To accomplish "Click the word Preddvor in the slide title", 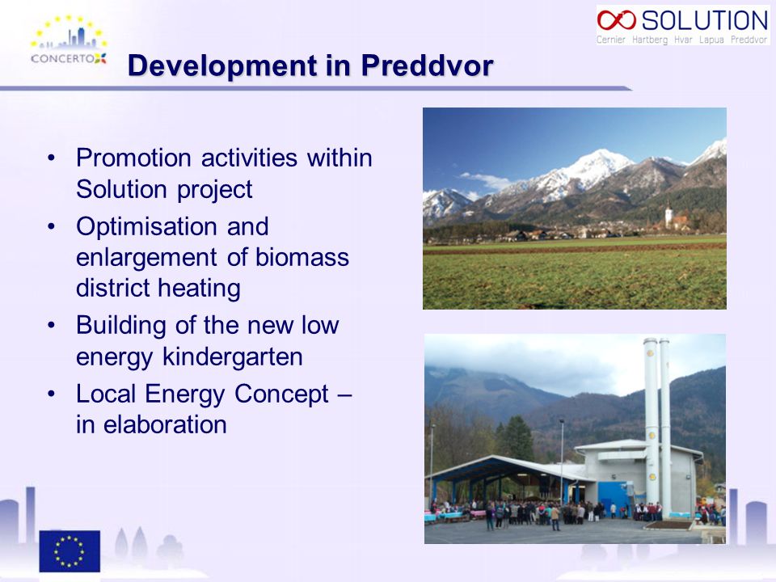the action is click(x=427, y=65).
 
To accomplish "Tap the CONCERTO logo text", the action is click(x=63, y=58).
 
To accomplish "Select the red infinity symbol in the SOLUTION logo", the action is click(x=616, y=20).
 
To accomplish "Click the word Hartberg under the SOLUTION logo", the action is click(x=650, y=40).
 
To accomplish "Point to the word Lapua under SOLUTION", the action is click(x=711, y=40).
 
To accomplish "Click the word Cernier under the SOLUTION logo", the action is click(x=611, y=40).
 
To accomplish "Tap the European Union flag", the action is click(x=70, y=550).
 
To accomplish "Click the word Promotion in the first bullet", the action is click(x=133, y=158).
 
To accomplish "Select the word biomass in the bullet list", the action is click(x=302, y=257).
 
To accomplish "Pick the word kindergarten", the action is click(x=233, y=356).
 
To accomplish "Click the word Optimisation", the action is click(x=147, y=226).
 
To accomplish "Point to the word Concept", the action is click(x=281, y=394).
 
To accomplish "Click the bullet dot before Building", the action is click(x=52, y=326).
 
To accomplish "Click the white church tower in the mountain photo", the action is click(x=668, y=215).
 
